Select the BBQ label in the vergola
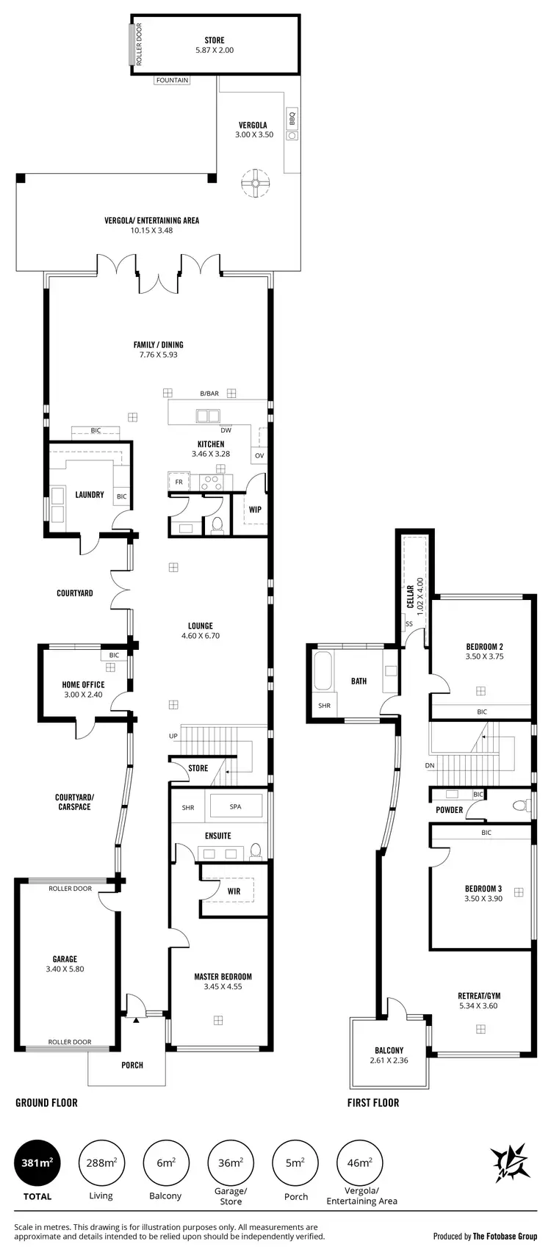292,115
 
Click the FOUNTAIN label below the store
172,80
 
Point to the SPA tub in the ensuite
236,806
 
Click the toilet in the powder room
519,806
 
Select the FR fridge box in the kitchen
178,482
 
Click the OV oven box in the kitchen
259,455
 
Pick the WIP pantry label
255,510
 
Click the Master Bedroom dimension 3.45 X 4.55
223,986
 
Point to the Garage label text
65,959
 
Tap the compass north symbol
511,1162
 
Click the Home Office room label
83,685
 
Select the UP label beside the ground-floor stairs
173,736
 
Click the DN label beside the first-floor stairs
429,765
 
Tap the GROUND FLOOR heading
46,1102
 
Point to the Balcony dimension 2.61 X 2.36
389,1060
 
